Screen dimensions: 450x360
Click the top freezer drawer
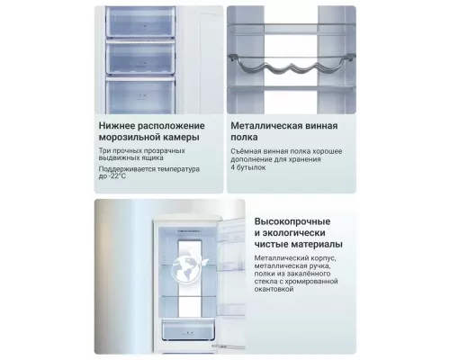point(140,22)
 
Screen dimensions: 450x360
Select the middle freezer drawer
point(140,58)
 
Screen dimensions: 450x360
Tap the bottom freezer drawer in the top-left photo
point(140,94)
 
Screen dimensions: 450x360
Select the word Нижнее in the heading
point(117,125)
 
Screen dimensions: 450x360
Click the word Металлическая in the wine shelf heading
point(266,125)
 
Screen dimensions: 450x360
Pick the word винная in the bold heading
point(321,126)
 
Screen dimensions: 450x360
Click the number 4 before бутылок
point(233,167)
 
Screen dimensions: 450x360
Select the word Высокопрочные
point(292,221)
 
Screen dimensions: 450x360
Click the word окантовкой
point(274,289)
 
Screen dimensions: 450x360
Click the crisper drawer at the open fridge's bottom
point(189,330)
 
